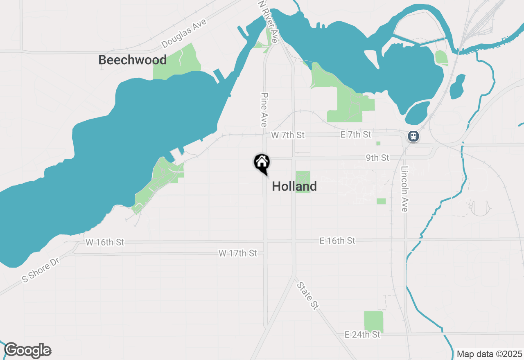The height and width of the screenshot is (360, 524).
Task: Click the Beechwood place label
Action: [x=132, y=60]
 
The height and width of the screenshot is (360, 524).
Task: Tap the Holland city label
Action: [x=294, y=187]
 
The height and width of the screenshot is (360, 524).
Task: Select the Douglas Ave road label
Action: [x=184, y=34]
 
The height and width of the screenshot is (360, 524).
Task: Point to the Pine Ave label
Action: [x=264, y=109]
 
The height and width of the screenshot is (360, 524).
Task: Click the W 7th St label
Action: [x=288, y=135]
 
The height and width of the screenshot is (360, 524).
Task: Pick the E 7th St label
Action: [x=355, y=134]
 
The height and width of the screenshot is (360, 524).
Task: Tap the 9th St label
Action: [x=377, y=157]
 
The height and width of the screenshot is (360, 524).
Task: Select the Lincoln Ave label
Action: [x=405, y=189]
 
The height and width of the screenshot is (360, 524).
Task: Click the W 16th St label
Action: [x=105, y=242]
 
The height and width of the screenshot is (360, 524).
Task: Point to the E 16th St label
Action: [x=337, y=241]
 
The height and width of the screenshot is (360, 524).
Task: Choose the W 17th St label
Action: [x=237, y=254]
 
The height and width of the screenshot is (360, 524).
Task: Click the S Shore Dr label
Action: [x=41, y=270]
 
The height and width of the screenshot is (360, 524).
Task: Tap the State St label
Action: [x=307, y=295]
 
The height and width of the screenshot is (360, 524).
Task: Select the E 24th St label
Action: [x=362, y=335]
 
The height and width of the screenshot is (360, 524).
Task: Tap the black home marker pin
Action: [x=262, y=163]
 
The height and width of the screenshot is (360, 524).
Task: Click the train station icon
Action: [x=413, y=136]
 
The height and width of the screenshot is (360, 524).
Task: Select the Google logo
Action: [x=27, y=351]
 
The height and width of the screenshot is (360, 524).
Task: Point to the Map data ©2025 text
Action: [x=489, y=354]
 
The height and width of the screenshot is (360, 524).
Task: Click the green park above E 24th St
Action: [x=373, y=322]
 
